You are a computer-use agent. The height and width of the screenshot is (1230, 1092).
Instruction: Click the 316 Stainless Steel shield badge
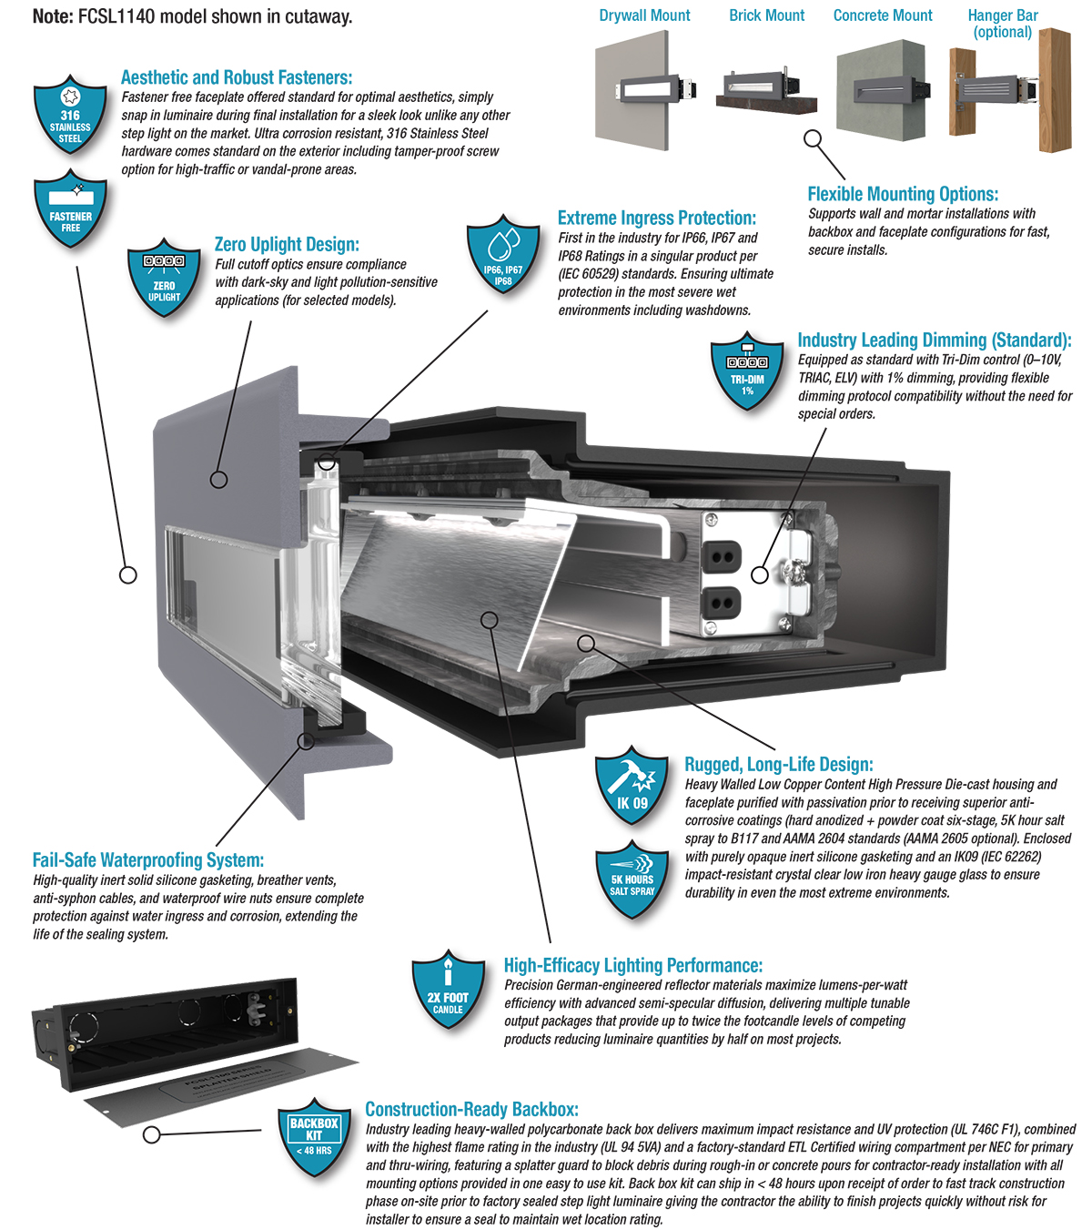tap(70, 114)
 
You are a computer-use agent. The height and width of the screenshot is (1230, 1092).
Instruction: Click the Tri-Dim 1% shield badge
tap(747, 370)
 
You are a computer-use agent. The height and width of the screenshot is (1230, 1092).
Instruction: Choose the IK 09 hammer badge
tap(632, 787)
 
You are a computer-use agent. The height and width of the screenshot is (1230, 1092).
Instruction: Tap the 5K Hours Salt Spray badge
tap(632, 879)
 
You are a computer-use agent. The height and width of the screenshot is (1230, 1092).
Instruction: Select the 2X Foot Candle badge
tap(448, 991)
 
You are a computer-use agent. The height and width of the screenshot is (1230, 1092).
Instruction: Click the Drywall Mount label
tap(644, 15)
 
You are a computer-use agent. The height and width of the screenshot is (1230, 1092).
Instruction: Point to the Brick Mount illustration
tap(766, 91)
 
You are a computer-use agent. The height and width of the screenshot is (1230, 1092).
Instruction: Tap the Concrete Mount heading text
tap(883, 15)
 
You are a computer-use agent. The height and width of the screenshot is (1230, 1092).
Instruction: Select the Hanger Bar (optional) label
tap(1002, 24)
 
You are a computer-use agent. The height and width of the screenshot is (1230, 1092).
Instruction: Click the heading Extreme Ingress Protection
tap(656, 218)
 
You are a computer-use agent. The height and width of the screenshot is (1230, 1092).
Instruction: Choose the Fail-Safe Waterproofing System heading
tap(148, 859)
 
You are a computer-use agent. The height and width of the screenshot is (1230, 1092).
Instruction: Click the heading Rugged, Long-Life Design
tap(778, 764)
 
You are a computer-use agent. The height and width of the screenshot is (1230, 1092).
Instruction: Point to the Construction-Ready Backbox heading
tap(471, 1109)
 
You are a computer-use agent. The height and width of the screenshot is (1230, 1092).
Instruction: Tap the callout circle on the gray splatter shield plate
tap(152, 1134)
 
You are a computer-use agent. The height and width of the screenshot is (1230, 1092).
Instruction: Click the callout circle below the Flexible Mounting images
tap(814, 138)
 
